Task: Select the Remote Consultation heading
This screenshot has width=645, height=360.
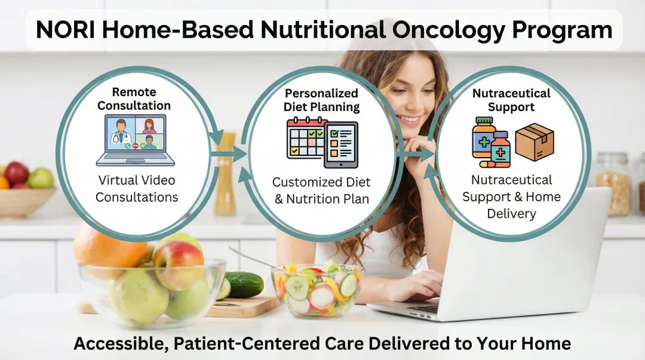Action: click(x=134, y=99)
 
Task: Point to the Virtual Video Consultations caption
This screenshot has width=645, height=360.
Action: click(x=137, y=188)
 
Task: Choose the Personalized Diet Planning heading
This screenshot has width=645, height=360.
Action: click(x=321, y=100)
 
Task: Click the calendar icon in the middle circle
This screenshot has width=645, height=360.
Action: click(x=305, y=138)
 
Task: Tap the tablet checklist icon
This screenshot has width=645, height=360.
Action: click(x=341, y=145)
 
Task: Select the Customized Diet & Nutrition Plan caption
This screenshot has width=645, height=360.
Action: click(x=321, y=190)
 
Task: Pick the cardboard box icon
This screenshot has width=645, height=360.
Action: click(x=535, y=141)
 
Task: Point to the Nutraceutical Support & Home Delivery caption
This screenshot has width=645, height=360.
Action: click(x=511, y=196)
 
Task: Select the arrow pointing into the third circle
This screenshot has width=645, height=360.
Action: click(x=420, y=154)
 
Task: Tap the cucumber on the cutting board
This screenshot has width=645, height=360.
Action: click(x=243, y=284)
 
